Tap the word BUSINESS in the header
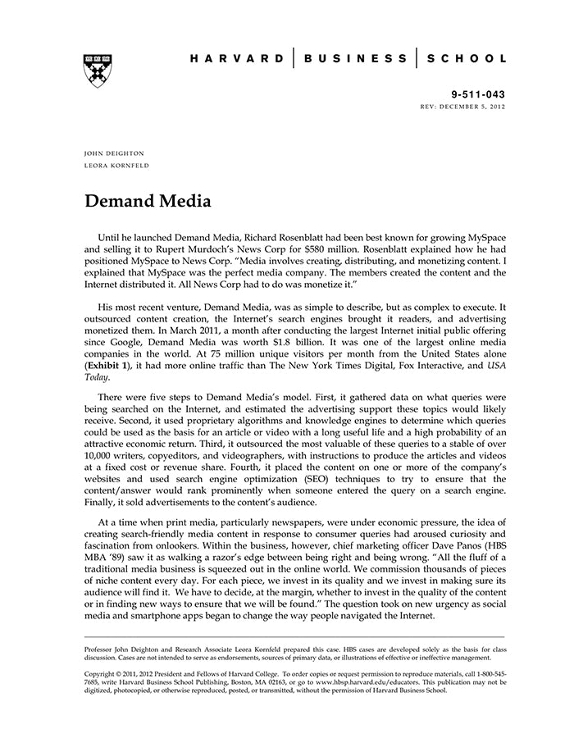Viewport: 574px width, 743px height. click(x=354, y=59)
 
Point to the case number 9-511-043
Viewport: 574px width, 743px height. click(x=479, y=94)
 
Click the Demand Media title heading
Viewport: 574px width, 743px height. click(x=148, y=201)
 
